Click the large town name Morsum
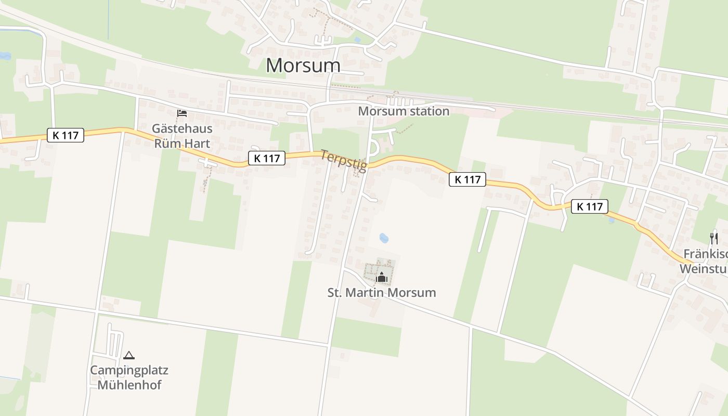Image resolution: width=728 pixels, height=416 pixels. [303, 66]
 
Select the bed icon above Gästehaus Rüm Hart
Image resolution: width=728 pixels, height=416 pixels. [182, 113]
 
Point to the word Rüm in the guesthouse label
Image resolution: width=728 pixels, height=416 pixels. [166, 142]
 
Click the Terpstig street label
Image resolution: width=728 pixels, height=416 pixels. [343, 160]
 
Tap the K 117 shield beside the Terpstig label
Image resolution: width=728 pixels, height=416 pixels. [267, 158]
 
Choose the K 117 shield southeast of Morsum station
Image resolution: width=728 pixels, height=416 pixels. [467, 179]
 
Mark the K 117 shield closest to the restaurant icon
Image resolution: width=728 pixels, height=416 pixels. [590, 206]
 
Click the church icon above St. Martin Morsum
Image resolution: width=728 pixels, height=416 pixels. [382, 277]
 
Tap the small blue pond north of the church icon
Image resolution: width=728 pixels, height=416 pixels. [384, 238]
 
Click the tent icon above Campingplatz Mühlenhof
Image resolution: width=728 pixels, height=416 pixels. [129, 355]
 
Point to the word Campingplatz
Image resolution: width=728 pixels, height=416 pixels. [129, 370]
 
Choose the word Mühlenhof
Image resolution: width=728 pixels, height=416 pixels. [129, 385]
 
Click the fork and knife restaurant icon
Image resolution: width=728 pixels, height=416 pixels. [714, 239]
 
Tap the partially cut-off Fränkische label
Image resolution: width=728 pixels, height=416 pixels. [705, 254]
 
